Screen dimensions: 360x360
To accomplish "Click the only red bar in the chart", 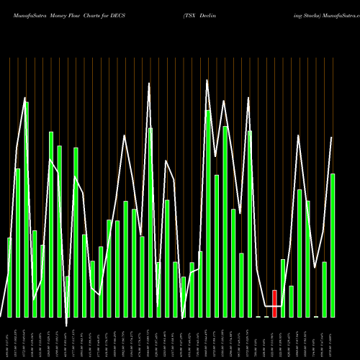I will [x=274, y=303].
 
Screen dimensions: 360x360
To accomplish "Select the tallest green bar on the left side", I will [x=26, y=209].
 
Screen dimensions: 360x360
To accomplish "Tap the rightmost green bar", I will [x=333, y=245].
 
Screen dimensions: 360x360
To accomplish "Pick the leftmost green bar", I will [x=9, y=277].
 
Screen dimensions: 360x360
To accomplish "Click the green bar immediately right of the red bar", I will [x=283, y=288].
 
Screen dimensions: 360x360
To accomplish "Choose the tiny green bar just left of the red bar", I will [x=266, y=316].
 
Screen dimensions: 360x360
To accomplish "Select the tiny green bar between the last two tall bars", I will [x=316, y=316].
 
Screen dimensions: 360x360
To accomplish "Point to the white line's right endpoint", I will [x=332, y=138].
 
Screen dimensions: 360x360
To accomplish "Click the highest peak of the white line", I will [x=207, y=80].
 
